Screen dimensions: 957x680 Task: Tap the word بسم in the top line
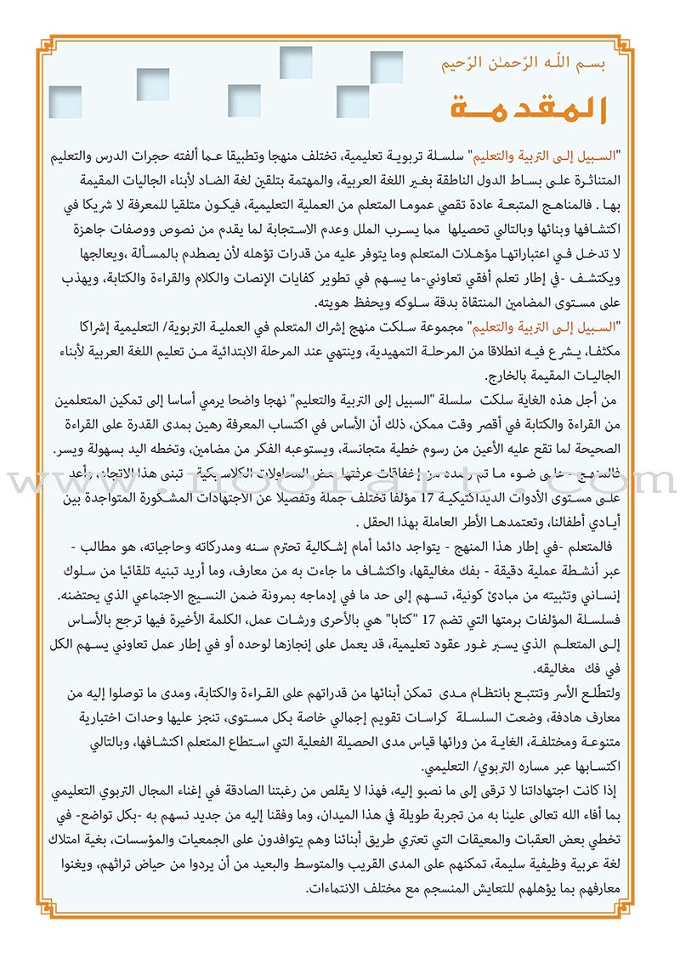click(592, 65)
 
